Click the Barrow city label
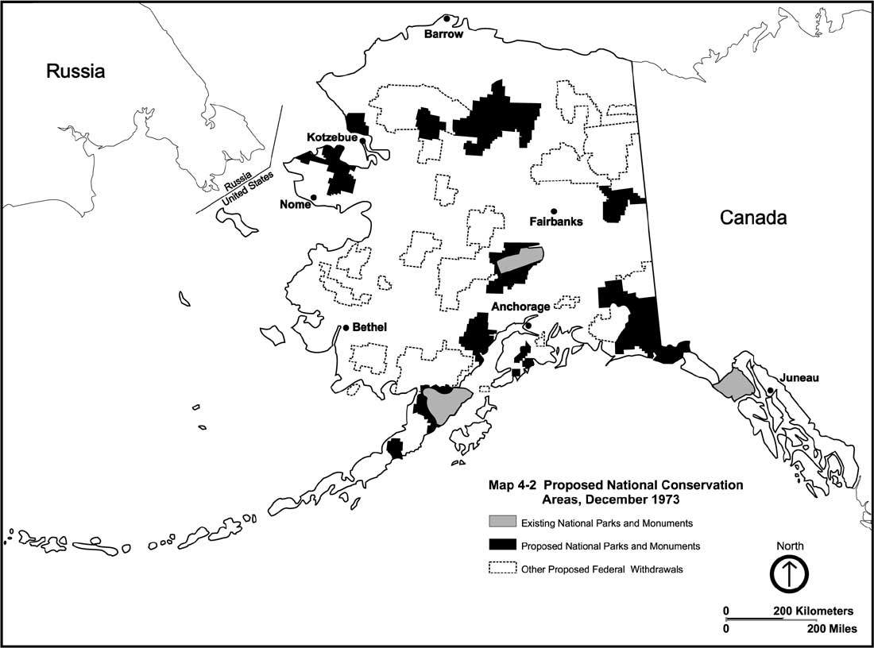pos(443,34)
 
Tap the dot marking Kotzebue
pos(362,141)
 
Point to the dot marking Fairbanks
pos(553,210)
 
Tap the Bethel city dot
pos(346,327)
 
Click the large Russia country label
pos(75,71)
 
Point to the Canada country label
pos(753,218)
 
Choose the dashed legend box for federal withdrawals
pos(501,569)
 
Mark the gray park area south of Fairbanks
pos(519,258)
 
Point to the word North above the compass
pos(790,546)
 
